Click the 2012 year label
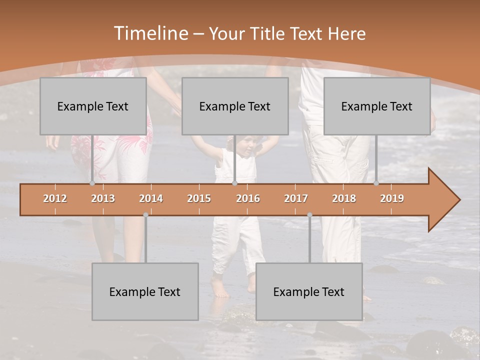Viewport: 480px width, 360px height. (55, 198)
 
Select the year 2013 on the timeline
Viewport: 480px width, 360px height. (103, 198)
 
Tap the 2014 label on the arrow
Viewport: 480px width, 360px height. (151, 198)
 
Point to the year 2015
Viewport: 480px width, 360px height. (199, 198)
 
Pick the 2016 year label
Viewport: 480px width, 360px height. (248, 198)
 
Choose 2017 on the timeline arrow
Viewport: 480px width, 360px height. (296, 198)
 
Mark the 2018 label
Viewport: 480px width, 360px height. (344, 198)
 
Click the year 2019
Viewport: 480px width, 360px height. (392, 198)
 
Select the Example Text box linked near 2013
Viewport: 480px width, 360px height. (93, 106)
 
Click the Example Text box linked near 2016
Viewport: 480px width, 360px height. (235, 106)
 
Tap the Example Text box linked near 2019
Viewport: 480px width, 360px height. (377, 106)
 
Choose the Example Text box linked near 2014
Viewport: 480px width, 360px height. (145, 291)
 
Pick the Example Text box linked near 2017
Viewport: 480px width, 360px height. (309, 291)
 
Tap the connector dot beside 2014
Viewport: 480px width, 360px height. (145, 215)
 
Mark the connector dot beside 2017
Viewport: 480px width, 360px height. (309, 215)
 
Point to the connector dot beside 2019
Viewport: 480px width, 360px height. (376, 183)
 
